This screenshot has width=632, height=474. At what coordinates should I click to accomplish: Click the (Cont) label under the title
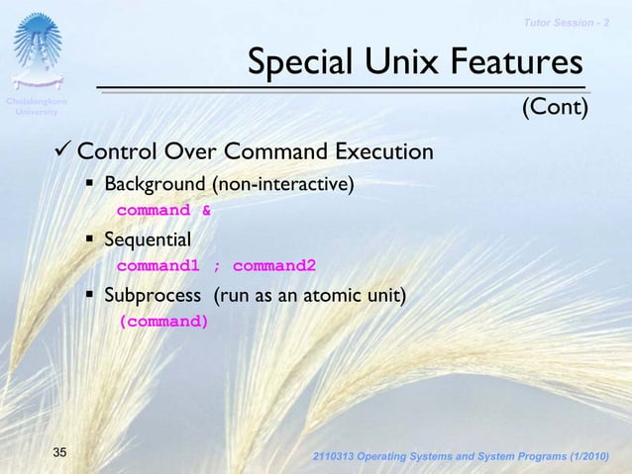pos(555,106)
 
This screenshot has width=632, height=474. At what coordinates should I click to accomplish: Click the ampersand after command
pos(206,210)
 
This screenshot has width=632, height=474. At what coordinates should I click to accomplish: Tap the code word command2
pos(274,265)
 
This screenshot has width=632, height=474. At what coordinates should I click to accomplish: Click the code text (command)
pos(163,321)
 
